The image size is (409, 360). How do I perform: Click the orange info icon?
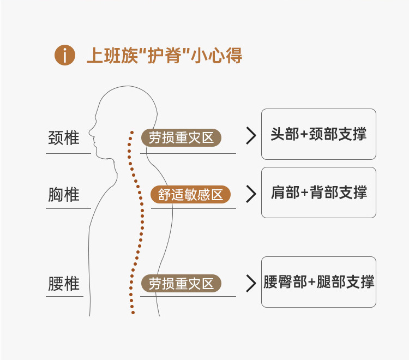coord(64,56)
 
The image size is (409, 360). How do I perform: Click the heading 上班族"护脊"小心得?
coord(164,56)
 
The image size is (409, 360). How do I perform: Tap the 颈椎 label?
coord(64,138)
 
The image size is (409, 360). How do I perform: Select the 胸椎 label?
coord(64,195)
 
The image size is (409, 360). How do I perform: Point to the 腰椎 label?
coord(64,284)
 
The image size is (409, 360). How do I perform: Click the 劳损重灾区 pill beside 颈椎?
coord(181,138)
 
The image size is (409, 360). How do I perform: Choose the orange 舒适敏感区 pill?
coord(190,195)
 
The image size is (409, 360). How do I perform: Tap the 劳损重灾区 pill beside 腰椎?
coord(181,284)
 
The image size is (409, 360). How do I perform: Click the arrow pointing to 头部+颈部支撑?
coord(250,136)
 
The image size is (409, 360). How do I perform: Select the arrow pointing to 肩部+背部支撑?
coord(250,194)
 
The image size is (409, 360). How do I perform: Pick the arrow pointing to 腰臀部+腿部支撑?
coord(250,283)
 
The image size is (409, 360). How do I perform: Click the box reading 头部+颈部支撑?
coord(318,134)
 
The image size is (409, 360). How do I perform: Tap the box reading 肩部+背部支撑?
coord(318,193)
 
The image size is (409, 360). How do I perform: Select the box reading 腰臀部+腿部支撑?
coord(318,282)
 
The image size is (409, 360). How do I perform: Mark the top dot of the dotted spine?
coord(131,132)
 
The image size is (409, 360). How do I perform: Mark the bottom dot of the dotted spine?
coord(133,313)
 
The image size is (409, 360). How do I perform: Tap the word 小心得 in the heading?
coord(217,56)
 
